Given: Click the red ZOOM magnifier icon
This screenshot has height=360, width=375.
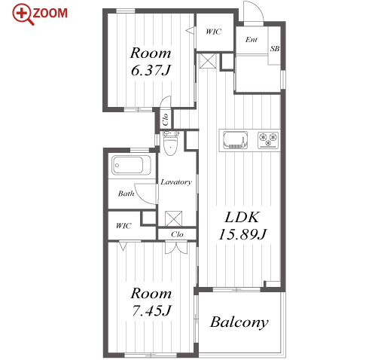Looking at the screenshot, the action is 23,14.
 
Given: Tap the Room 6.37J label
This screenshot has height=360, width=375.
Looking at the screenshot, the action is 151,61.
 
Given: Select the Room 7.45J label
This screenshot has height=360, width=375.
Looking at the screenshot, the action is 151,301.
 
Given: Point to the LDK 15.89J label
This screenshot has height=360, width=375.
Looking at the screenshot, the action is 242,225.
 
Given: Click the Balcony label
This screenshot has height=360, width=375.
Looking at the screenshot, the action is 239,322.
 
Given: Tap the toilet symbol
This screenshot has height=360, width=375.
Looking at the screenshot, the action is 171,142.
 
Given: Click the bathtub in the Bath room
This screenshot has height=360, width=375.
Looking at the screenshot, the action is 131,165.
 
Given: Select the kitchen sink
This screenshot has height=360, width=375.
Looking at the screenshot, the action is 235,140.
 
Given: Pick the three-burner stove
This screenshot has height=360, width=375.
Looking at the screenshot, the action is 268,139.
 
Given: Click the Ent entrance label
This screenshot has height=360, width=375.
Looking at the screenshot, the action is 252,40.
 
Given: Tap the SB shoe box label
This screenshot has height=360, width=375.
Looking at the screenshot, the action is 275,48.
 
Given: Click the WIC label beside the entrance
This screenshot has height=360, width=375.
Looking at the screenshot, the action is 214,32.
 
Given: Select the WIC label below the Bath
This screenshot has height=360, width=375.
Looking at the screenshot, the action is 123,226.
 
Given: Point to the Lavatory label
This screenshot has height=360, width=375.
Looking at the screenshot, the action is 176,182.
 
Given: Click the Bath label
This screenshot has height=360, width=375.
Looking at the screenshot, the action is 126,194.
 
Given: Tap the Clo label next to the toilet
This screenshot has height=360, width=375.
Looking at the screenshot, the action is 165,120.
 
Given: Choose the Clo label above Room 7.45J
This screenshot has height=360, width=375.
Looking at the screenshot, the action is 177,234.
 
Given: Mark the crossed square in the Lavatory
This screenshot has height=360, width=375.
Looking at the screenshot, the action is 173,218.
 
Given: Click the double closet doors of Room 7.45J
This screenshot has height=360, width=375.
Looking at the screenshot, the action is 176,248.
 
